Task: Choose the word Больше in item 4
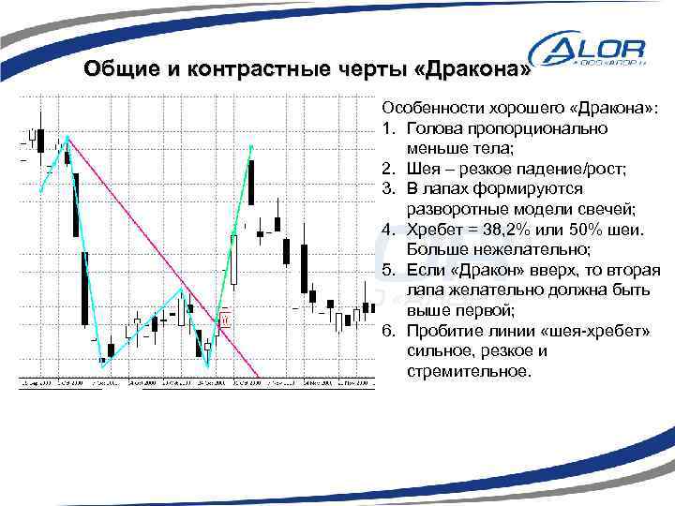[x=435, y=250]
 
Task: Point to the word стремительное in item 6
[x=468, y=372]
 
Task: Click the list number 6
[x=386, y=332]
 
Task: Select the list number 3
[x=386, y=188]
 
